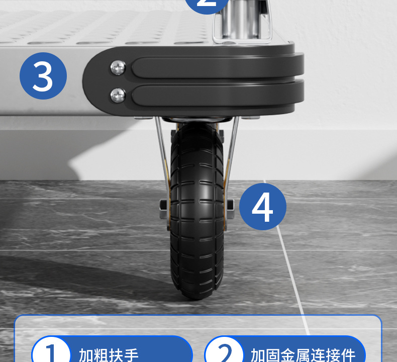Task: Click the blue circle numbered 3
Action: [43, 76]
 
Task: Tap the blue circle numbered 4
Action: [262, 206]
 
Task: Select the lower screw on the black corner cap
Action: [118, 94]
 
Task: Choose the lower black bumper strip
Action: [216, 96]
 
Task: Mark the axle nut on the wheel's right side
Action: [230, 205]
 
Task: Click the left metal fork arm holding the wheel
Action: [162, 151]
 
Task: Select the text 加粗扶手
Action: [109, 355]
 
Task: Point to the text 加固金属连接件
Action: [303, 355]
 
